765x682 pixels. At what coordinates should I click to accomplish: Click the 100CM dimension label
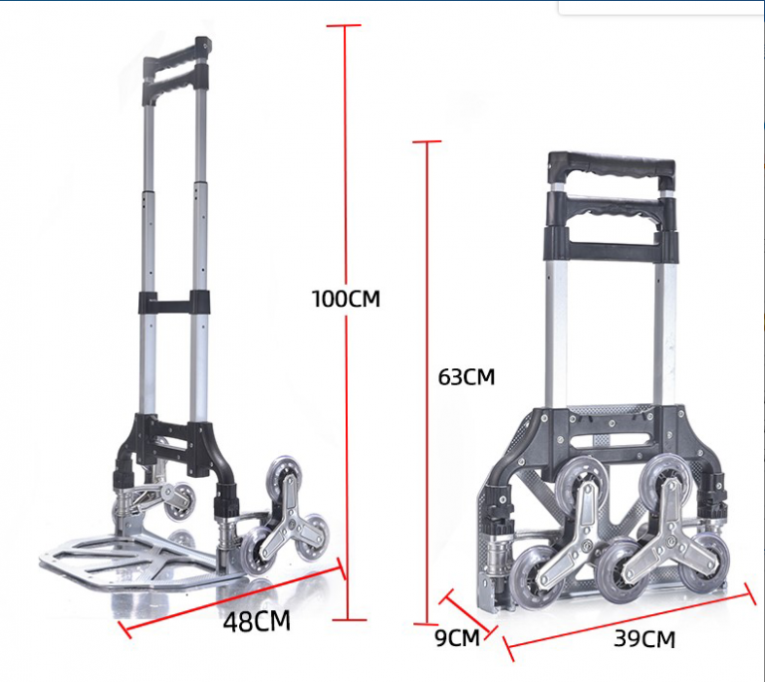click(x=346, y=299)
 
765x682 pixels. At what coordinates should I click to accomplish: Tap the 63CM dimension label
click(x=466, y=377)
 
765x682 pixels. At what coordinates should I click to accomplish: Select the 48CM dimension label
click(x=257, y=622)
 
